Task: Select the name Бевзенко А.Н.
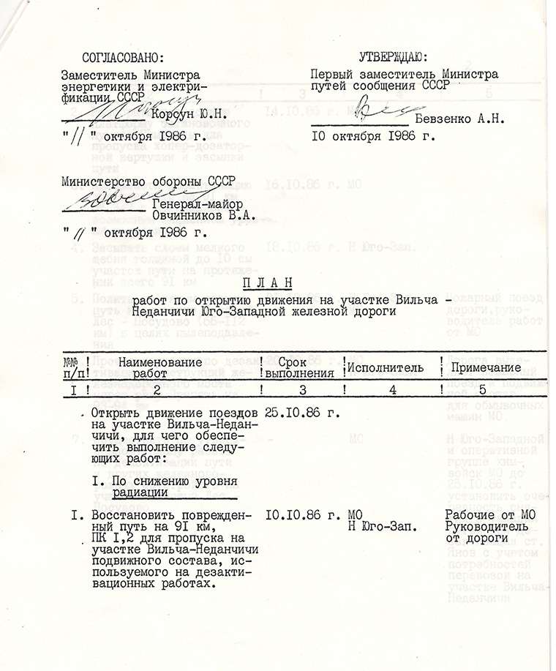tap(457, 119)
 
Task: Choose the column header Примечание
tap(486, 367)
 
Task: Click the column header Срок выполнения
tap(301, 367)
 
